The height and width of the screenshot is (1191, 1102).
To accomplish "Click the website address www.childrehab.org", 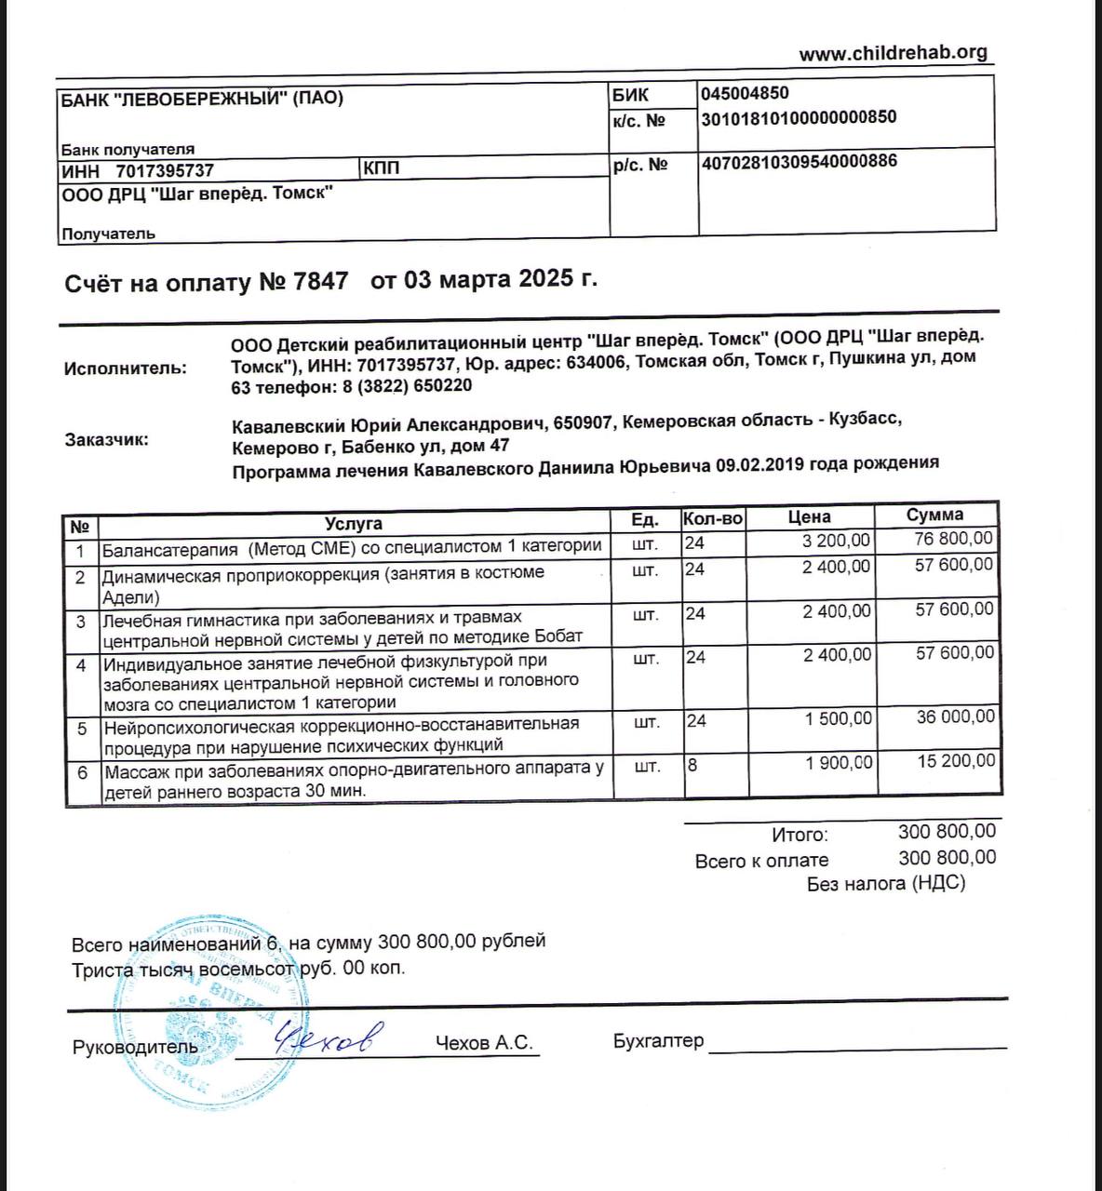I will click(893, 53).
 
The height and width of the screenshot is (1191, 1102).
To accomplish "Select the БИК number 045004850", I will click(745, 93).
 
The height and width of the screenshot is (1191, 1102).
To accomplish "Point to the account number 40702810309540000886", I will click(800, 161).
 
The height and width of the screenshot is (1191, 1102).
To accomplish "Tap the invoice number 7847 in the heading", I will click(320, 282).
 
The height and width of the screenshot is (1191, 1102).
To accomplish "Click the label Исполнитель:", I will click(125, 368).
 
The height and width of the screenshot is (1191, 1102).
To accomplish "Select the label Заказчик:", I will click(106, 440).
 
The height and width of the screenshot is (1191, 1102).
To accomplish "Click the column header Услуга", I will click(354, 523).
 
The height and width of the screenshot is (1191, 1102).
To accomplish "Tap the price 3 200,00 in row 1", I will click(837, 541).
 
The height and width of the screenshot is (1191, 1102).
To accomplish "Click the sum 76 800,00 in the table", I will click(954, 539).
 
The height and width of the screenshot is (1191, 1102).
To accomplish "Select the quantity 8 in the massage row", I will click(692, 765).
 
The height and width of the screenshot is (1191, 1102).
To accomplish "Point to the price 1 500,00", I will click(839, 718).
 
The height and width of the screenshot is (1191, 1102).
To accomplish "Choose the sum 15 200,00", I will click(955, 761).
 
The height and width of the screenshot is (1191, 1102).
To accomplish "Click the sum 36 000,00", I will click(955, 716).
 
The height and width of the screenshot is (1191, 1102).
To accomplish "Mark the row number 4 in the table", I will click(82, 665).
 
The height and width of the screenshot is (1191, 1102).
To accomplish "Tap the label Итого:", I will click(800, 836).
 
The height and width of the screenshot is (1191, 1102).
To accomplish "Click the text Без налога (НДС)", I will click(886, 884).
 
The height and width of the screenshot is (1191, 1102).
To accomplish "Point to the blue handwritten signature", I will click(326, 1037).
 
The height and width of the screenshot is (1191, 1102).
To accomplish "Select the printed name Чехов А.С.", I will click(484, 1043).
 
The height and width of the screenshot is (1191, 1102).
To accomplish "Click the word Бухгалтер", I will click(658, 1041).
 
